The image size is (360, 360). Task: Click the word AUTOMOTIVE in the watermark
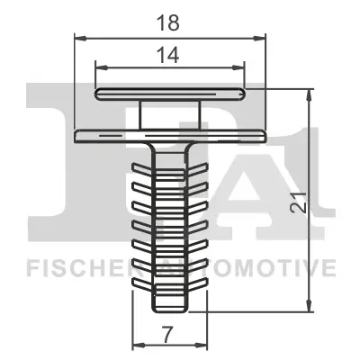click(x=261, y=268)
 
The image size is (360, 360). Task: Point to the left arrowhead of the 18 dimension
click(x=76, y=38)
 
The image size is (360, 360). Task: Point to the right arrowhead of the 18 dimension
click(x=264, y=38)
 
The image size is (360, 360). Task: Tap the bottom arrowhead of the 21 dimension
click(x=309, y=303)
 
